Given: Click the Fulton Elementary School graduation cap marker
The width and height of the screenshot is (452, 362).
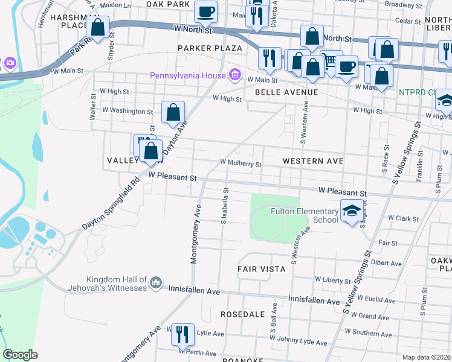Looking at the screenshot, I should coord(350,211).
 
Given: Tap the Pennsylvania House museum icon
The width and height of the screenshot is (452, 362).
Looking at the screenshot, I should coord(236,76).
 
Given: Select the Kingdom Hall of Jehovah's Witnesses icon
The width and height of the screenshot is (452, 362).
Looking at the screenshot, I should coord(156,282).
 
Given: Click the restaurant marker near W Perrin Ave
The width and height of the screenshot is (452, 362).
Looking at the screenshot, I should coord(181,335).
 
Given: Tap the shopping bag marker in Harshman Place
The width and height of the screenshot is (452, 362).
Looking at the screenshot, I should coord(97,28).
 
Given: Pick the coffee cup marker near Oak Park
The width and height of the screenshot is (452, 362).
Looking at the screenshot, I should coord(205,11).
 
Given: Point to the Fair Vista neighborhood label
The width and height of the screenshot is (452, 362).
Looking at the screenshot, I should coord(261,269).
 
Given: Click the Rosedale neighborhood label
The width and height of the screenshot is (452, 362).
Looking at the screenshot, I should coord(242,314).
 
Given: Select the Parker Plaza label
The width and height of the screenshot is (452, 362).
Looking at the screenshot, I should coord(210,48).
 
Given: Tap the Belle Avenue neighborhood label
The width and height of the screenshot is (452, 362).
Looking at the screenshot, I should coord(286,92).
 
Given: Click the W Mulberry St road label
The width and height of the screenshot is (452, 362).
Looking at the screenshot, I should coord(241,163).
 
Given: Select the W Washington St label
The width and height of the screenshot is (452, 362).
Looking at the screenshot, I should coord(128,111).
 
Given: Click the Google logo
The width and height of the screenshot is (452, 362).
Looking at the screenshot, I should coord(20,355).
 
